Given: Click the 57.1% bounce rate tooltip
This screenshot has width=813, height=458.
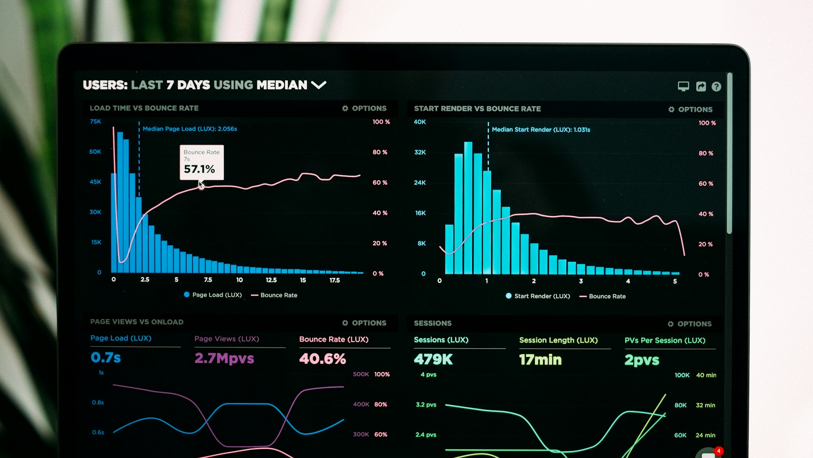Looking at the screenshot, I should [202, 163].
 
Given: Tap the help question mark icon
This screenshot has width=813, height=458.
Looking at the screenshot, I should [716, 87].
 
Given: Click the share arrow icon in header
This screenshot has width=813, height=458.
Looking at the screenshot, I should [701, 87].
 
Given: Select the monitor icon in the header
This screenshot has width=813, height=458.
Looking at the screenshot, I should [683, 87].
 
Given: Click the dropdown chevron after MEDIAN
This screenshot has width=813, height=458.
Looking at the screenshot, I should [318, 85].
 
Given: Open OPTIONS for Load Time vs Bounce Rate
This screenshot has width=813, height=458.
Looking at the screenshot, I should [364, 109].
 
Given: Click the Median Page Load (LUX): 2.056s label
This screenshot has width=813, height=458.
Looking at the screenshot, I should [190, 129].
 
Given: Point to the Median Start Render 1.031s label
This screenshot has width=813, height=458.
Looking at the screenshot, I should [541, 130].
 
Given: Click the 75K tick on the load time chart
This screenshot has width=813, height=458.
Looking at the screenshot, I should [95, 122].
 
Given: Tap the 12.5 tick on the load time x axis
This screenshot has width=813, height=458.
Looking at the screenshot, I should [271, 280].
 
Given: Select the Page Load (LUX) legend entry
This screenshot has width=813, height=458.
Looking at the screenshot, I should [213, 295].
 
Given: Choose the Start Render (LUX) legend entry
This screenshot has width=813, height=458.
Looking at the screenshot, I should [538, 296].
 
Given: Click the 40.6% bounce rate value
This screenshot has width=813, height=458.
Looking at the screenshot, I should [322, 359].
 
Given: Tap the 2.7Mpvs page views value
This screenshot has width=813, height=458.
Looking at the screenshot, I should [224, 358].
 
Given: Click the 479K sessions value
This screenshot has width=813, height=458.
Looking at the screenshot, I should [433, 360].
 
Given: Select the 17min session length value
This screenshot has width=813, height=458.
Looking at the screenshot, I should [540, 360].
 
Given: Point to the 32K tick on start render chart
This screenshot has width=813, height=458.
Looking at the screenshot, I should [420, 152].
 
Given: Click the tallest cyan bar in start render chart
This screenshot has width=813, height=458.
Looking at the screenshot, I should [468, 208].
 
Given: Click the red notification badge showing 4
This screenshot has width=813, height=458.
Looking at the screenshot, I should [719, 451].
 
